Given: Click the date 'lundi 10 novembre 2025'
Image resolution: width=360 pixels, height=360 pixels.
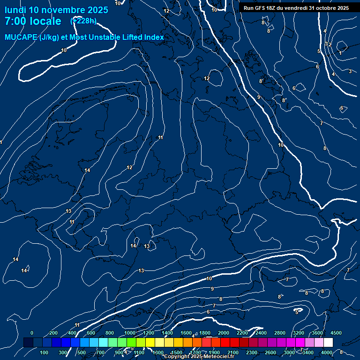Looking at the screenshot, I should coord(56,10).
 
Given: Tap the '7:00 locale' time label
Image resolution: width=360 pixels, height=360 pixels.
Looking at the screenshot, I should coord(33,21).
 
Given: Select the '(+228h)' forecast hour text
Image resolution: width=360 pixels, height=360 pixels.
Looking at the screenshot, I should coord(83,21).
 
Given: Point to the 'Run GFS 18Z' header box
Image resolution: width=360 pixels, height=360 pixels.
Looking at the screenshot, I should coord(296,8).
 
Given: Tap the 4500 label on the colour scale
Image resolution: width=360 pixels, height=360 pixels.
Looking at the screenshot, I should coord(336,333).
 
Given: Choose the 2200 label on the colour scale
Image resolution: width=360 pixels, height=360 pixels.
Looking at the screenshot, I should coord(242,333).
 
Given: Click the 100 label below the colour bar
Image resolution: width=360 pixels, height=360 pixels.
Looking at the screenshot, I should coord(45,352).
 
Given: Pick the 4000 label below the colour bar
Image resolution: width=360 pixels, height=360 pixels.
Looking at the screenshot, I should coord(327,352).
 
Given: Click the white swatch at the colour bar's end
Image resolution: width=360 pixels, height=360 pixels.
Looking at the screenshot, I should coord(328,343).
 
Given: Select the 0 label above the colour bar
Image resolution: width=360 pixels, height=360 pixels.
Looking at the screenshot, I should coord(32,333).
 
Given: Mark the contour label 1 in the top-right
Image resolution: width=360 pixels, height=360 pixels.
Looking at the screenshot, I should coord(340,53).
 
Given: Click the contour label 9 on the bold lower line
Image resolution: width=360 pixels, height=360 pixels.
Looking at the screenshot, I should coord(212,289).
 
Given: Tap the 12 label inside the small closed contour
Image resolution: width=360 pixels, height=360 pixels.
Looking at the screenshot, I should coord(207,78).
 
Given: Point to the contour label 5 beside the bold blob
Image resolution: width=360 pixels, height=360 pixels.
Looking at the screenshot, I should coord(297,312).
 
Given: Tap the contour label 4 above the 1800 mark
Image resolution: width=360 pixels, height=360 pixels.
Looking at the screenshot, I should coord(193,336).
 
